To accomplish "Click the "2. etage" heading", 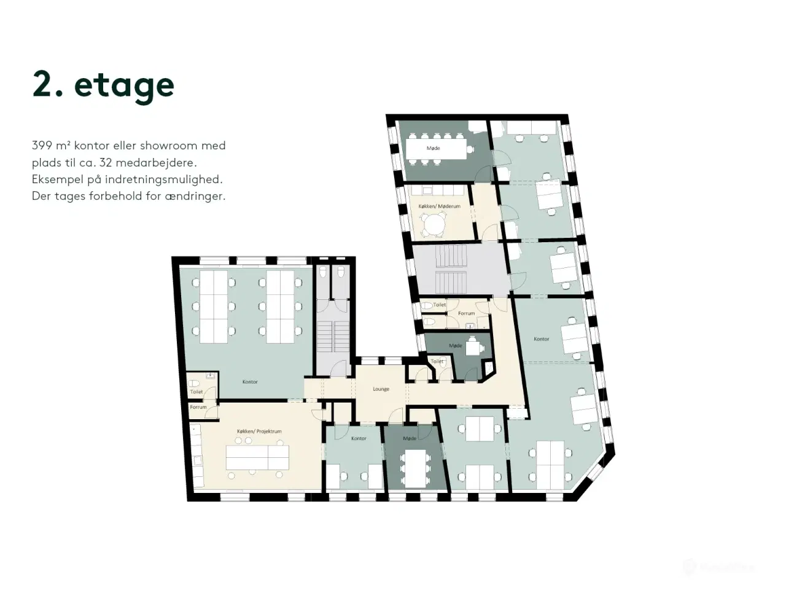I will click(x=103, y=85).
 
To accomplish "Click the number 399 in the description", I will click(x=42, y=146).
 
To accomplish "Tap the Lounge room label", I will click(x=381, y=389).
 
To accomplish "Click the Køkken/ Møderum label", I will click(x=439, y=206).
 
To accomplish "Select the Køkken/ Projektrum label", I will click(x=259, y=431).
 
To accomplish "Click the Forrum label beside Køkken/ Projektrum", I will click(x=198, y=407).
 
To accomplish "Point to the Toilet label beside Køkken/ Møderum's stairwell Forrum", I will click(x=440, y=305).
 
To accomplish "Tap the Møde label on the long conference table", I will click(x=433, y=148).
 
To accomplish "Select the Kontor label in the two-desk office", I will click(x=359, y=438).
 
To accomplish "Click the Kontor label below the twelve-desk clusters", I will click(x=250, y=382).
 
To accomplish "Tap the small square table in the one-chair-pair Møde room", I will click(x=473, y=348).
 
